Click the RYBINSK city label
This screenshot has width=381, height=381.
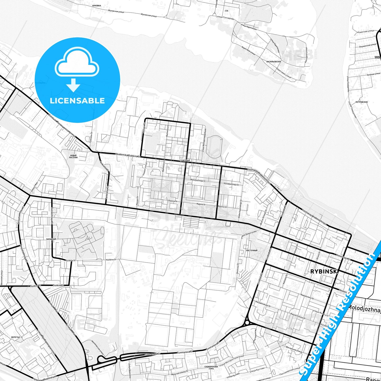pyautogui.click(x=324, y=271)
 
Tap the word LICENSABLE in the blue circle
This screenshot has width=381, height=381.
pyautogui.click(x=77, y=101)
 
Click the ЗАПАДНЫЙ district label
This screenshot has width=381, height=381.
pyautogui.click(x=51, y=239)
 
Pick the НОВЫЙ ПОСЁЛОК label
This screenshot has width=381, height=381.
pyautogui.click(x=73, y=156)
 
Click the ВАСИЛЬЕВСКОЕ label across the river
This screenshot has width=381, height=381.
pyautogui.click(x=274, y=62)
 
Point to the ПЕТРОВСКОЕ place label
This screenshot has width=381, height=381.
pyautogui.click(x=361, y=102)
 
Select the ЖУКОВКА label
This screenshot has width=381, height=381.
pyautogui.click(x=97, y=5)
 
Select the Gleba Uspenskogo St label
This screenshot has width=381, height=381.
pyautogui.click(x=240, y=209)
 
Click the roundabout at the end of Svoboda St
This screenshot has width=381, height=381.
pyautogui.click(x=247, y=322)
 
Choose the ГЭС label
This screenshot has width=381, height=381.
pyautogui.click(x=227, y=11)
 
